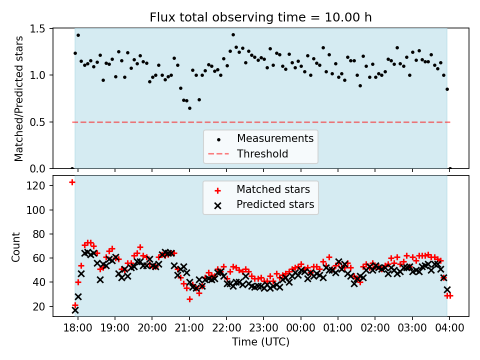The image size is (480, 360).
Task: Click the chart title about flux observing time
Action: pyautogui.click(x=260, y=17)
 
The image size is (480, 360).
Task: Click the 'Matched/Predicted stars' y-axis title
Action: pyautogui.click(x=19, y=98)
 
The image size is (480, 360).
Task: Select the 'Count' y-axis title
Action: pyautogui.click(x=16, y=246)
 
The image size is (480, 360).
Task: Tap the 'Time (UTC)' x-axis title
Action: pyautogui.click(x=260, y=342)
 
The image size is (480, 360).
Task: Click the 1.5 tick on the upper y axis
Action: pyautogui.click(x=38, y=29)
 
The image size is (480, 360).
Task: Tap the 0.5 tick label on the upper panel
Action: pyautogui.click(x=38, y=122)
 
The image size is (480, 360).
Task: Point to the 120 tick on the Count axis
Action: pyautogui.click(x=38, y=186)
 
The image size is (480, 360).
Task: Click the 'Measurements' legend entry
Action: pyautogui.click(x=275, y=138)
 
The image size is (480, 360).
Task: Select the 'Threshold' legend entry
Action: pyautogui.click(x=262, y=153)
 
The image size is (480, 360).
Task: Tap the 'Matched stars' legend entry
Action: pyautogui.click(x=273, y=189)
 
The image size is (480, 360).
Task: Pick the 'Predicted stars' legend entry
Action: pyautogui.click(x=275, y=204)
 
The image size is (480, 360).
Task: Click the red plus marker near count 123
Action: pyautogui.click(x=72, y=182)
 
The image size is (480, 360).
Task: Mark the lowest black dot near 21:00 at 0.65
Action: pyautogui.click(x=189, y=108)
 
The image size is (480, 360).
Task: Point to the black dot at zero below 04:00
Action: pyautogui.click(x=450, y=168)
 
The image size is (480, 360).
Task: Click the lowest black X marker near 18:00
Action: pyautogui.click(x=75, y=310)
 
